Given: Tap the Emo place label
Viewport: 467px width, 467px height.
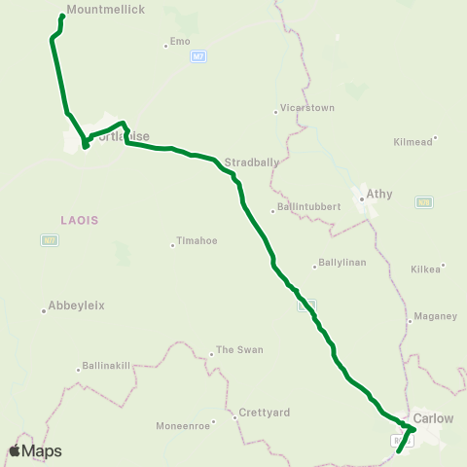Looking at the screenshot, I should pos(180,41).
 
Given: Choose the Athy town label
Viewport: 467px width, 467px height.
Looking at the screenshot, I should pos(378,194).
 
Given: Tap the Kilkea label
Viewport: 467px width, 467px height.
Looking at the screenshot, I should pos(426,267).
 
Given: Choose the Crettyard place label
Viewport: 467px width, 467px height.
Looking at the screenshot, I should pos(267,413).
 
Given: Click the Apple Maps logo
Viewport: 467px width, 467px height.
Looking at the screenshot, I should pos(35,450).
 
